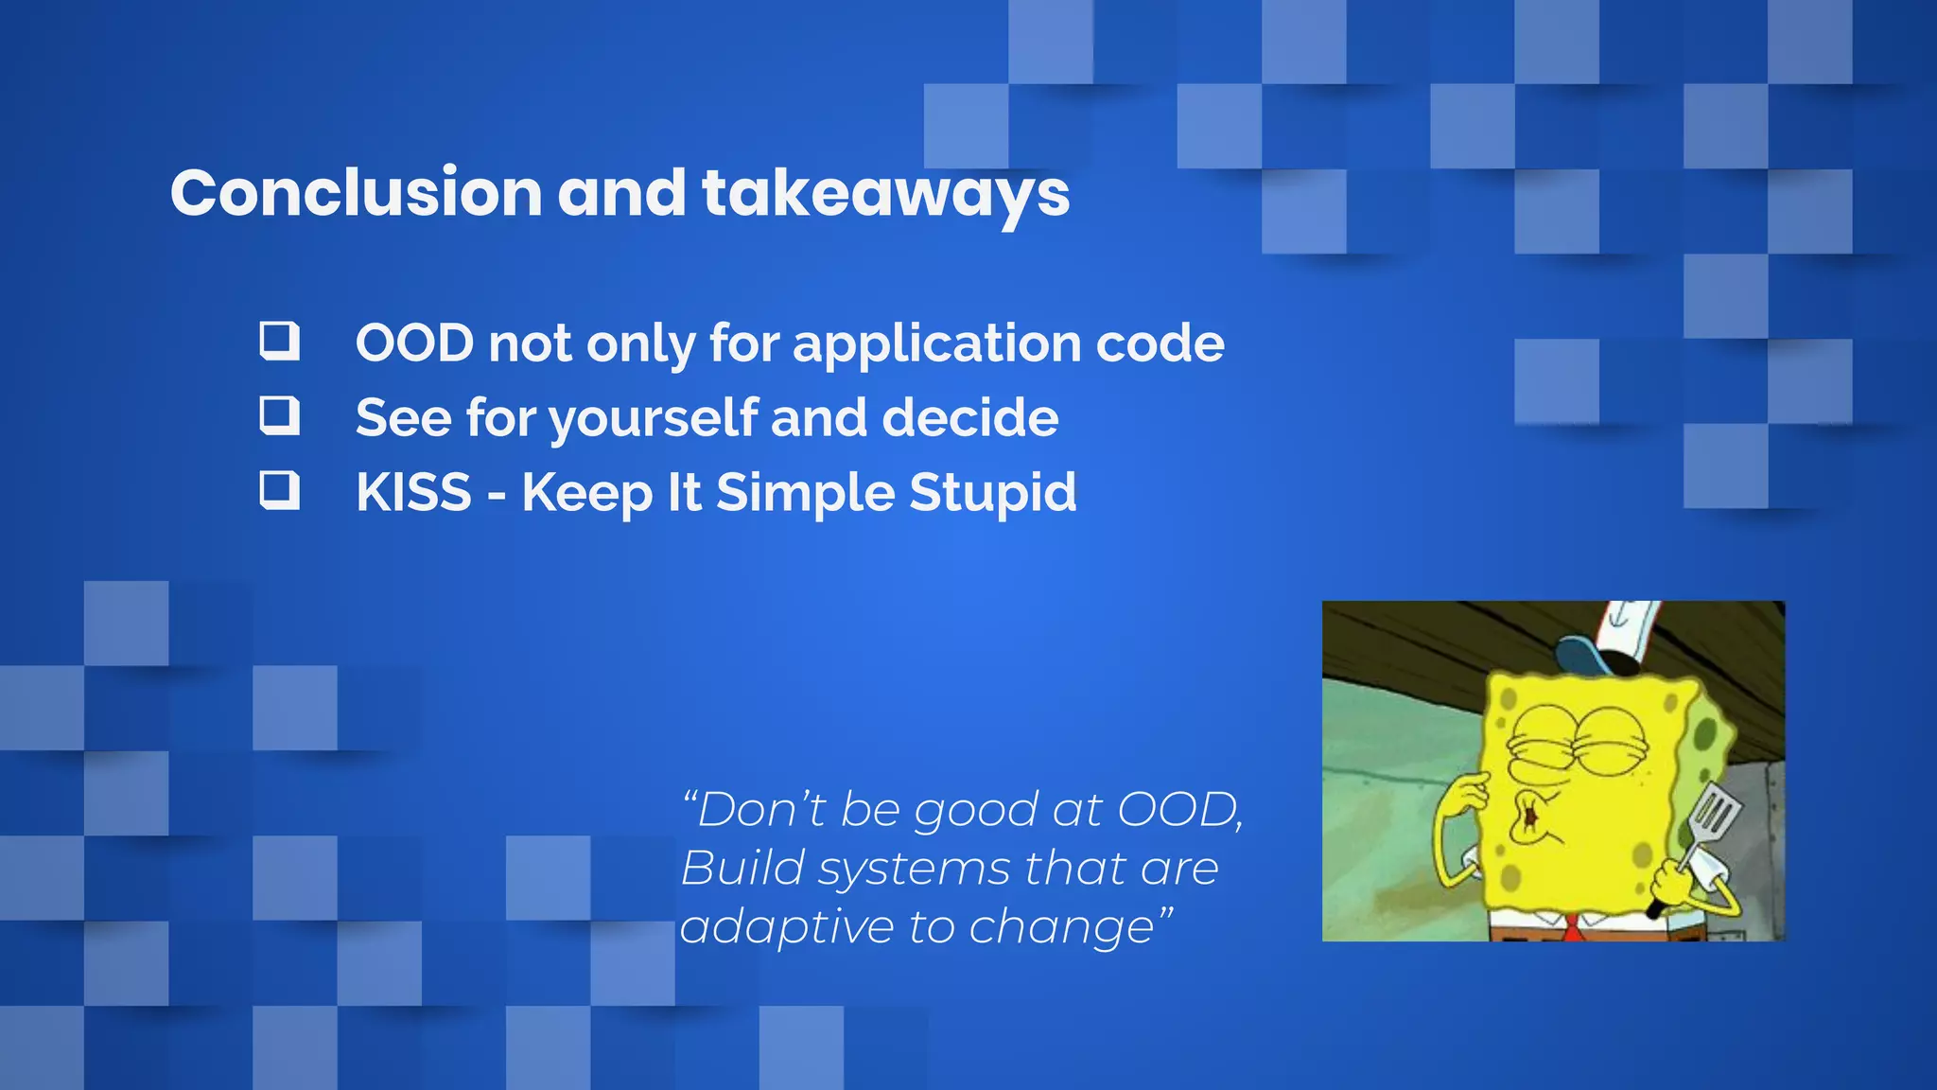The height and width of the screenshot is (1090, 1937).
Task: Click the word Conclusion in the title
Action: tap(356, 193)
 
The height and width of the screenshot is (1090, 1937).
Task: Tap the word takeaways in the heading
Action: tap(885, 195)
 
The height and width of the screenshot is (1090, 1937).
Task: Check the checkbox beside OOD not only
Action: tap(279, 341)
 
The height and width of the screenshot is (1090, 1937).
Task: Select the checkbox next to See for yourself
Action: tap(279, 415)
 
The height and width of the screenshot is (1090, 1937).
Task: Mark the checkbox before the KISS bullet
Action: tap(279, 490)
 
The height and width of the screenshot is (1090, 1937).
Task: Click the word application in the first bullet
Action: tap(936, 343)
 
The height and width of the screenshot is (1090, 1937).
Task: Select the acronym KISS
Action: tap(413, 492)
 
